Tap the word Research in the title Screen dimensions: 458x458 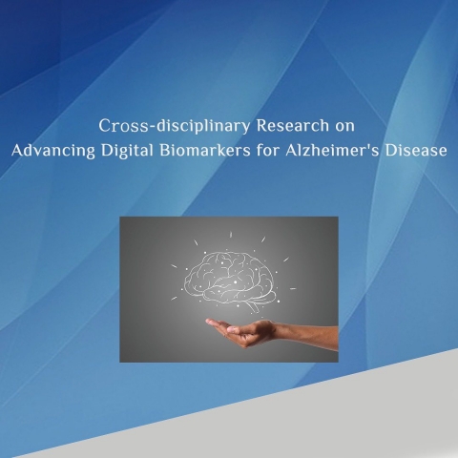click(x=293, y=125)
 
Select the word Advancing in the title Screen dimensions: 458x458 click(x=53, y=151)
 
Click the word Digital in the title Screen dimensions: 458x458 click(x=127, y=151)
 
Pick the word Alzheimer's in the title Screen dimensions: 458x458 click(x=332, y=151)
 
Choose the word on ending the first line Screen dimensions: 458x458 click(x=344, y=127)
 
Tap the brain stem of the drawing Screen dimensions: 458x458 click(x=252, y=307)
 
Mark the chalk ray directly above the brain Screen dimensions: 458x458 click(x=231, y=235)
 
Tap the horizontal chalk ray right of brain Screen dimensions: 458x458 click(x=293, y=289)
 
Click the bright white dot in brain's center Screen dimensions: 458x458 click(x=235, y=282)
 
